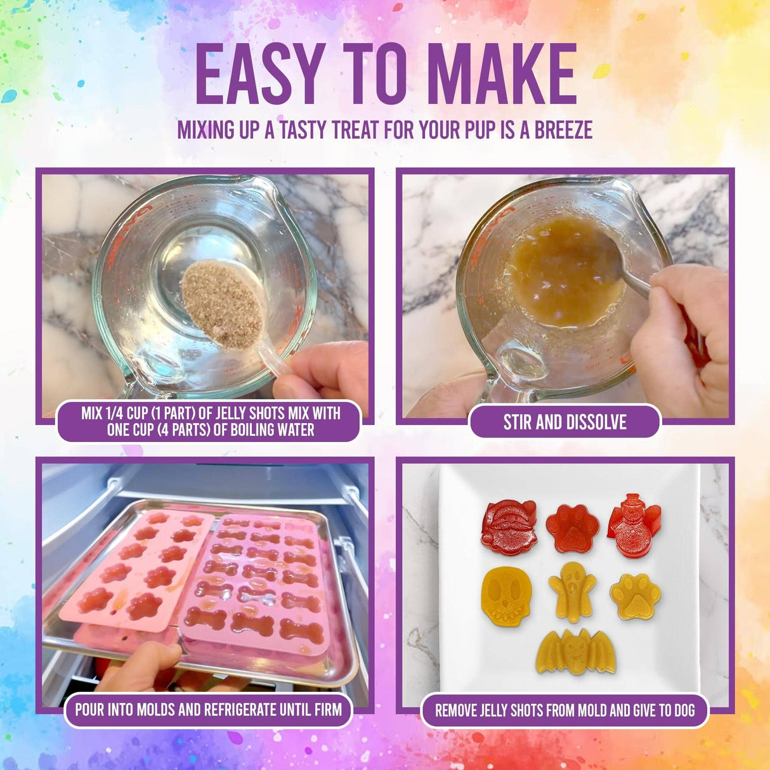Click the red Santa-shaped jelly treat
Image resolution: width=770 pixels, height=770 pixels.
(509, 526)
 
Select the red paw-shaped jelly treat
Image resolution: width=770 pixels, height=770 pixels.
(573, 528)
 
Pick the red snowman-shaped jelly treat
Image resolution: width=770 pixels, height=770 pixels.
(631, 525)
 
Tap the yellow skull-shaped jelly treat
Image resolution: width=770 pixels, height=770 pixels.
(507, 596)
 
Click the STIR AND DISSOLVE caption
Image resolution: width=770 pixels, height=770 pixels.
(564, 422)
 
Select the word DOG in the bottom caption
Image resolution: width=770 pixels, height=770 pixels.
(684, 710)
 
